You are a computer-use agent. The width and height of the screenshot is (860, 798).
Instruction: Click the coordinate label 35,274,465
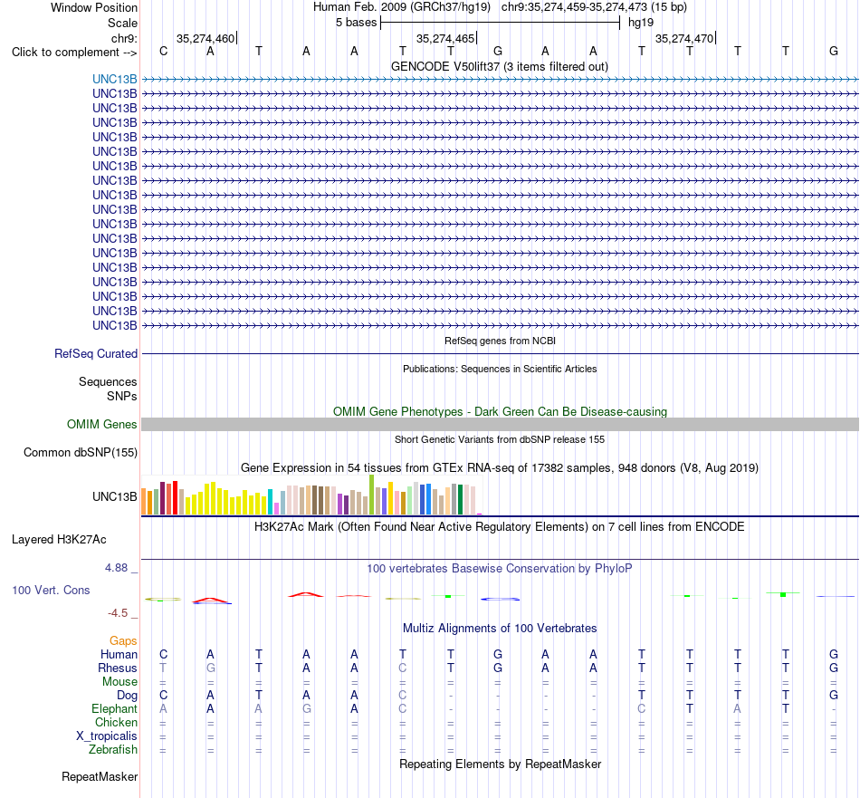[445, 38]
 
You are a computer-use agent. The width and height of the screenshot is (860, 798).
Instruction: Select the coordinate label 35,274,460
[205, 38]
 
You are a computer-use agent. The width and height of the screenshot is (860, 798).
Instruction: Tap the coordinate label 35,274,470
[684, 38]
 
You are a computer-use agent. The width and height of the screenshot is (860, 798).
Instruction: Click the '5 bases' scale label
[357, 23]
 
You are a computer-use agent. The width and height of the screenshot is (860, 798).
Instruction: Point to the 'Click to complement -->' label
[74, 53]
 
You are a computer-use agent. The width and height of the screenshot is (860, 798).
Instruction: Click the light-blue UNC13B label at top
[115, 79]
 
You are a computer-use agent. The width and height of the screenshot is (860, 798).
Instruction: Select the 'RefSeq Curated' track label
[96, 353]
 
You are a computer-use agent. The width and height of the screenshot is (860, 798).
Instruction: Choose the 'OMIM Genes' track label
[102, 424]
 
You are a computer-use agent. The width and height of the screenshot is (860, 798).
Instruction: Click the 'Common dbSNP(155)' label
[81, 452]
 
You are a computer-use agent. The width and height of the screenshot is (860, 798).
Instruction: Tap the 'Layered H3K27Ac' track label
[59, 540]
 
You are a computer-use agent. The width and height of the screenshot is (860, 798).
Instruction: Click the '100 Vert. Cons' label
[51, 590]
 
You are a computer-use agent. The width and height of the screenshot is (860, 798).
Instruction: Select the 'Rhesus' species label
[118, 668]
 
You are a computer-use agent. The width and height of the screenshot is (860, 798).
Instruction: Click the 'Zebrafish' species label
[113, 749]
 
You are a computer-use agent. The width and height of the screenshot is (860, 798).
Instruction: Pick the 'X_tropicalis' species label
[107, 736]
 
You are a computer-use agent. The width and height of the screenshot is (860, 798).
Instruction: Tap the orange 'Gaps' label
[123, 641]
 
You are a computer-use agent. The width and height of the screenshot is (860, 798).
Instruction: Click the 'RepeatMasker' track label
[100, 776]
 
